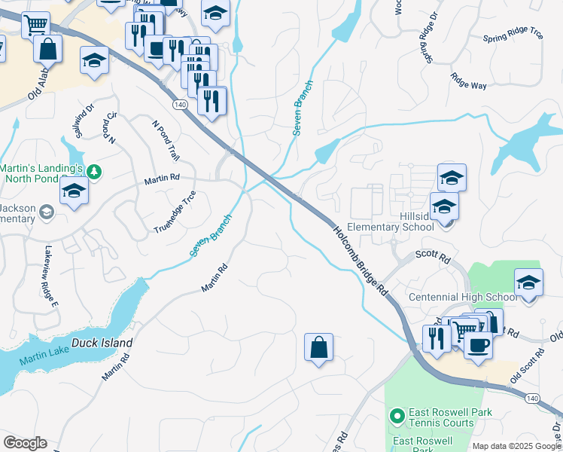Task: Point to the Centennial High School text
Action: [463, 298]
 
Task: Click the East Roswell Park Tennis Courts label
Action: [441, 418]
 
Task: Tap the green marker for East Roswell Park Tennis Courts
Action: [397, 415]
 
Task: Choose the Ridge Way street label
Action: [468, 80]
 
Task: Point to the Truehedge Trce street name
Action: [175, 212]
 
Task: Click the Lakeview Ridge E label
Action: [50, 276]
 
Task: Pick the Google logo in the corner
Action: [25, 443]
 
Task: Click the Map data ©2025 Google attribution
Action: [516, 446]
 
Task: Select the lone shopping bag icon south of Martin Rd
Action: [319, 348]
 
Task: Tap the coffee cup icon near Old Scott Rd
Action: [478, 344]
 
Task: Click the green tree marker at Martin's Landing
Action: [94, 172]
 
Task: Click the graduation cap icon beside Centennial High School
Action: [528, 282]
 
